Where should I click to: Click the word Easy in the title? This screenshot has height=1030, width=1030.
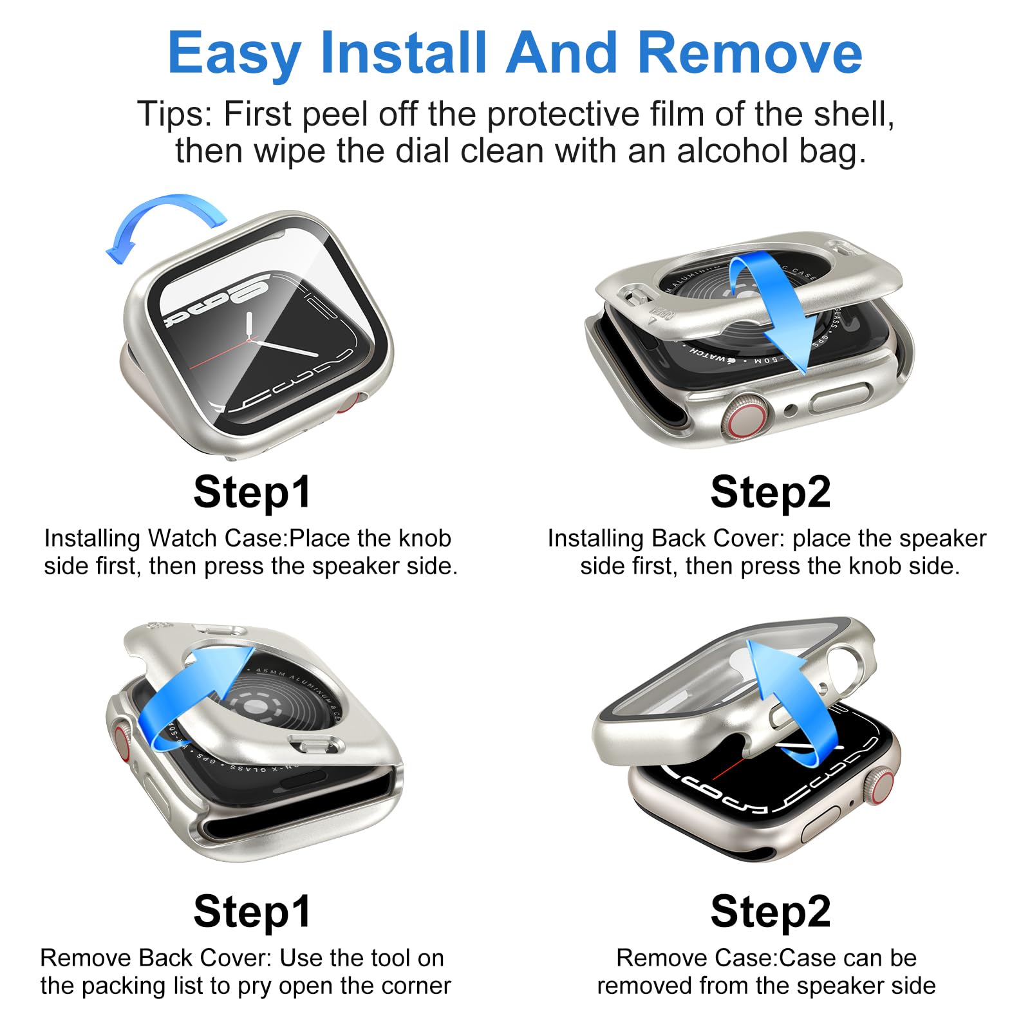coord(234,54)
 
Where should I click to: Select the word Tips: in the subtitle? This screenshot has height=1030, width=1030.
coord(174,114)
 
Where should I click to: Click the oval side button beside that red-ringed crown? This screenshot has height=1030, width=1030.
coord(841,398)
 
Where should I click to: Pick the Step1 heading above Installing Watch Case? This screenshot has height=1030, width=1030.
coord(252,492)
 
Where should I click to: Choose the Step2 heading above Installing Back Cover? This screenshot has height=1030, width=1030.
coord(771,492)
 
